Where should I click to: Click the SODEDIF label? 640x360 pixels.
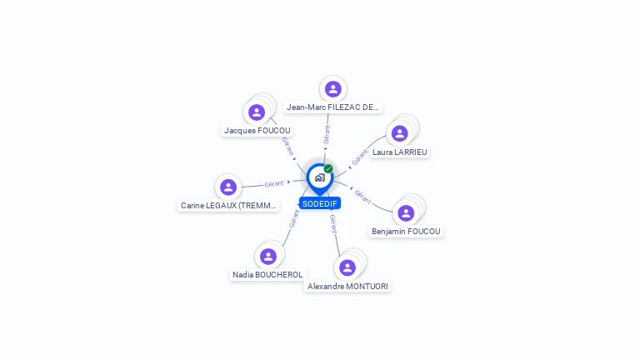[x=320, y=203]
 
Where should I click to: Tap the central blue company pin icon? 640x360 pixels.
[x=319, y=177]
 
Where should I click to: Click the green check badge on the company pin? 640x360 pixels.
[x=328, y=168]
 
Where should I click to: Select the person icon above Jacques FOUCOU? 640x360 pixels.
[x=257, y=112]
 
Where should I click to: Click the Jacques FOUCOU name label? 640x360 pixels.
[x=257, y=131]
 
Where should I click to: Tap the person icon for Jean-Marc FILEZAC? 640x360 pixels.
[x=333, y=89]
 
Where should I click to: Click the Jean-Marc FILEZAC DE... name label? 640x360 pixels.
[x=333, y=107]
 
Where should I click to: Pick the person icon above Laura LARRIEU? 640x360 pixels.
[x=400, y=133]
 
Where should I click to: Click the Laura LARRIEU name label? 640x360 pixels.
[x=400, y=152]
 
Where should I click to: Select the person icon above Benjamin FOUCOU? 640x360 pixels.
[x=406, y=213]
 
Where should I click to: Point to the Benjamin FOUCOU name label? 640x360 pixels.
[x=406, y=232]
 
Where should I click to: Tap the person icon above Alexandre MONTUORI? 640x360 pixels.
[x=347, y=267]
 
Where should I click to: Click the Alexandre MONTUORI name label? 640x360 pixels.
[x=347, y=287]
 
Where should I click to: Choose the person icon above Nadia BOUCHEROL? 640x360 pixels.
[x=267, y=257]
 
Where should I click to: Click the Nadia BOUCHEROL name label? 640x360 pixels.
[x=267, y=275]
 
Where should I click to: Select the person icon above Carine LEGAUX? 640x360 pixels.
[x=228, y=187]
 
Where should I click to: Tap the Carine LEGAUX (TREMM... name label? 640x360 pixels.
[x=228, y=206]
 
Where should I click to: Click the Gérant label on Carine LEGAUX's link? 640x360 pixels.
[x=275, y=183]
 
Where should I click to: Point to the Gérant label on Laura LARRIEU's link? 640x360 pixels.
[x=360, y=157]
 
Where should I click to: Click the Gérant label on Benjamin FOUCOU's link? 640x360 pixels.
[x=362, y=197]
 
